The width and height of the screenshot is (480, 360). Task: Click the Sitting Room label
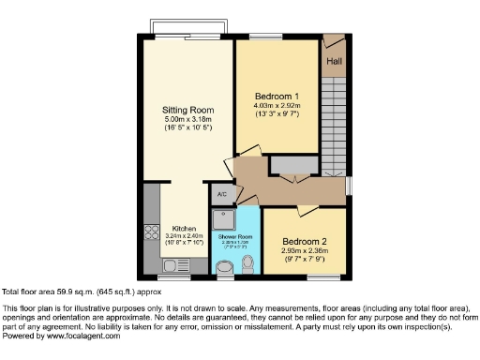(182, 110)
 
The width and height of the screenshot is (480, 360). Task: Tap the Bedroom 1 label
(277, 97)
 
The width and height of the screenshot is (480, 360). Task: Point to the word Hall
(334, 63)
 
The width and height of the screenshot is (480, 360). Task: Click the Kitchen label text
(183, 228)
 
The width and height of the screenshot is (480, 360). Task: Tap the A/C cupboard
(222, 194)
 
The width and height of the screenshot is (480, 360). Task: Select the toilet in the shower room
(247, 268)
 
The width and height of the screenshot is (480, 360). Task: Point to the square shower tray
(223, 217)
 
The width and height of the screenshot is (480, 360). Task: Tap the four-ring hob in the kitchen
(151, 232)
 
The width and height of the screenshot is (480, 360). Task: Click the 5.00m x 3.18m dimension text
(182, 119)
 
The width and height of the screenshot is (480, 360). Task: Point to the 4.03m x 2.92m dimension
(277, 106)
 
